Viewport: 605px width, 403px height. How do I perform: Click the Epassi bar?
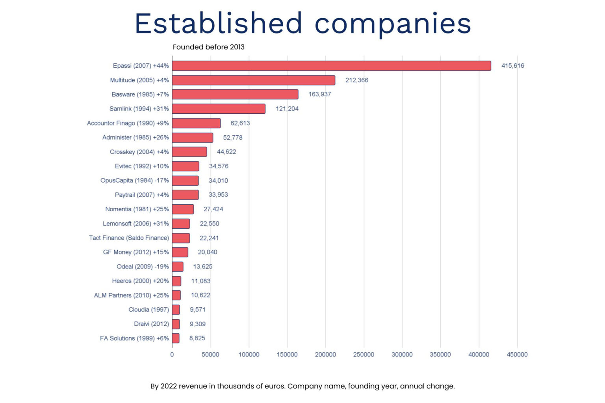pos(331,66)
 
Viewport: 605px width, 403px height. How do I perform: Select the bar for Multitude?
pos(253,80)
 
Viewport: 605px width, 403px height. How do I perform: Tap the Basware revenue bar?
pos(235,94)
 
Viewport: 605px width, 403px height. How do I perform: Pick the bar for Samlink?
pos(219,109)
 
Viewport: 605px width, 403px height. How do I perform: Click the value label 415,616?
pos(512,66)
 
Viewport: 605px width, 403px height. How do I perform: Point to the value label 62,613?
pos(240,123)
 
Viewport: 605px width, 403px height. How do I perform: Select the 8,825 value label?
pos(197,338)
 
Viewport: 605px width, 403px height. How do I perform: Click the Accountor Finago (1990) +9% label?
pos(128,123)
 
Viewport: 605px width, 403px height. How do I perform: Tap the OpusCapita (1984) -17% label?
pos(134,180)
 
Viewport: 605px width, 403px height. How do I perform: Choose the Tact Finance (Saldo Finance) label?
pos(129,238)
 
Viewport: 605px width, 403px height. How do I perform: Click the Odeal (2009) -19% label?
pos(143,266)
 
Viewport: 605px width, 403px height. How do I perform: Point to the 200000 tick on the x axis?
pos(325,355)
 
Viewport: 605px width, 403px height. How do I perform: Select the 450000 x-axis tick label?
pos(517,355)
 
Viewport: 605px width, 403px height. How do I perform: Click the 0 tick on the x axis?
pos(172,355)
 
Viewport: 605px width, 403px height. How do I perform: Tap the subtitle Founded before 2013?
pos(208,47)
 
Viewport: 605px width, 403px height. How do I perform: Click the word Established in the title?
pos(219,24)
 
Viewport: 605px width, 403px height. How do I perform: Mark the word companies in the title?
pos(392,24)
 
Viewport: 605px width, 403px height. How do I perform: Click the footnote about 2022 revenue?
pos(302,386)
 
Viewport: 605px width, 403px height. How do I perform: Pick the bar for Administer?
pos(192,138)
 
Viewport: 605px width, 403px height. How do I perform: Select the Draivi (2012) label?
pos(151,324)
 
